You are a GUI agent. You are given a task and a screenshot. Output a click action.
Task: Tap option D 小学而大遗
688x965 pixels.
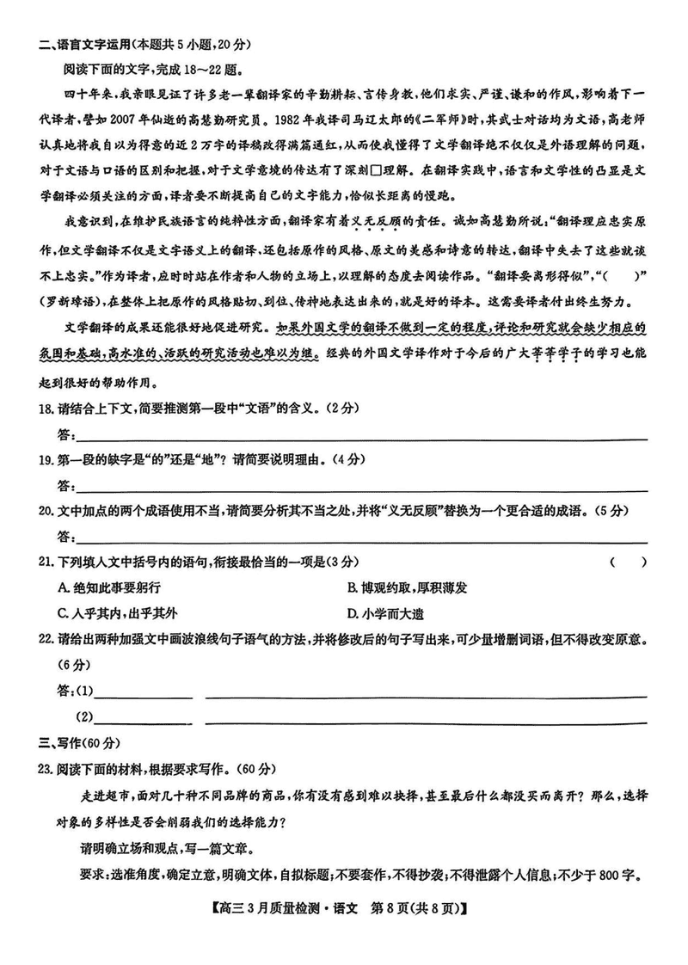(x=385, y=613)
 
